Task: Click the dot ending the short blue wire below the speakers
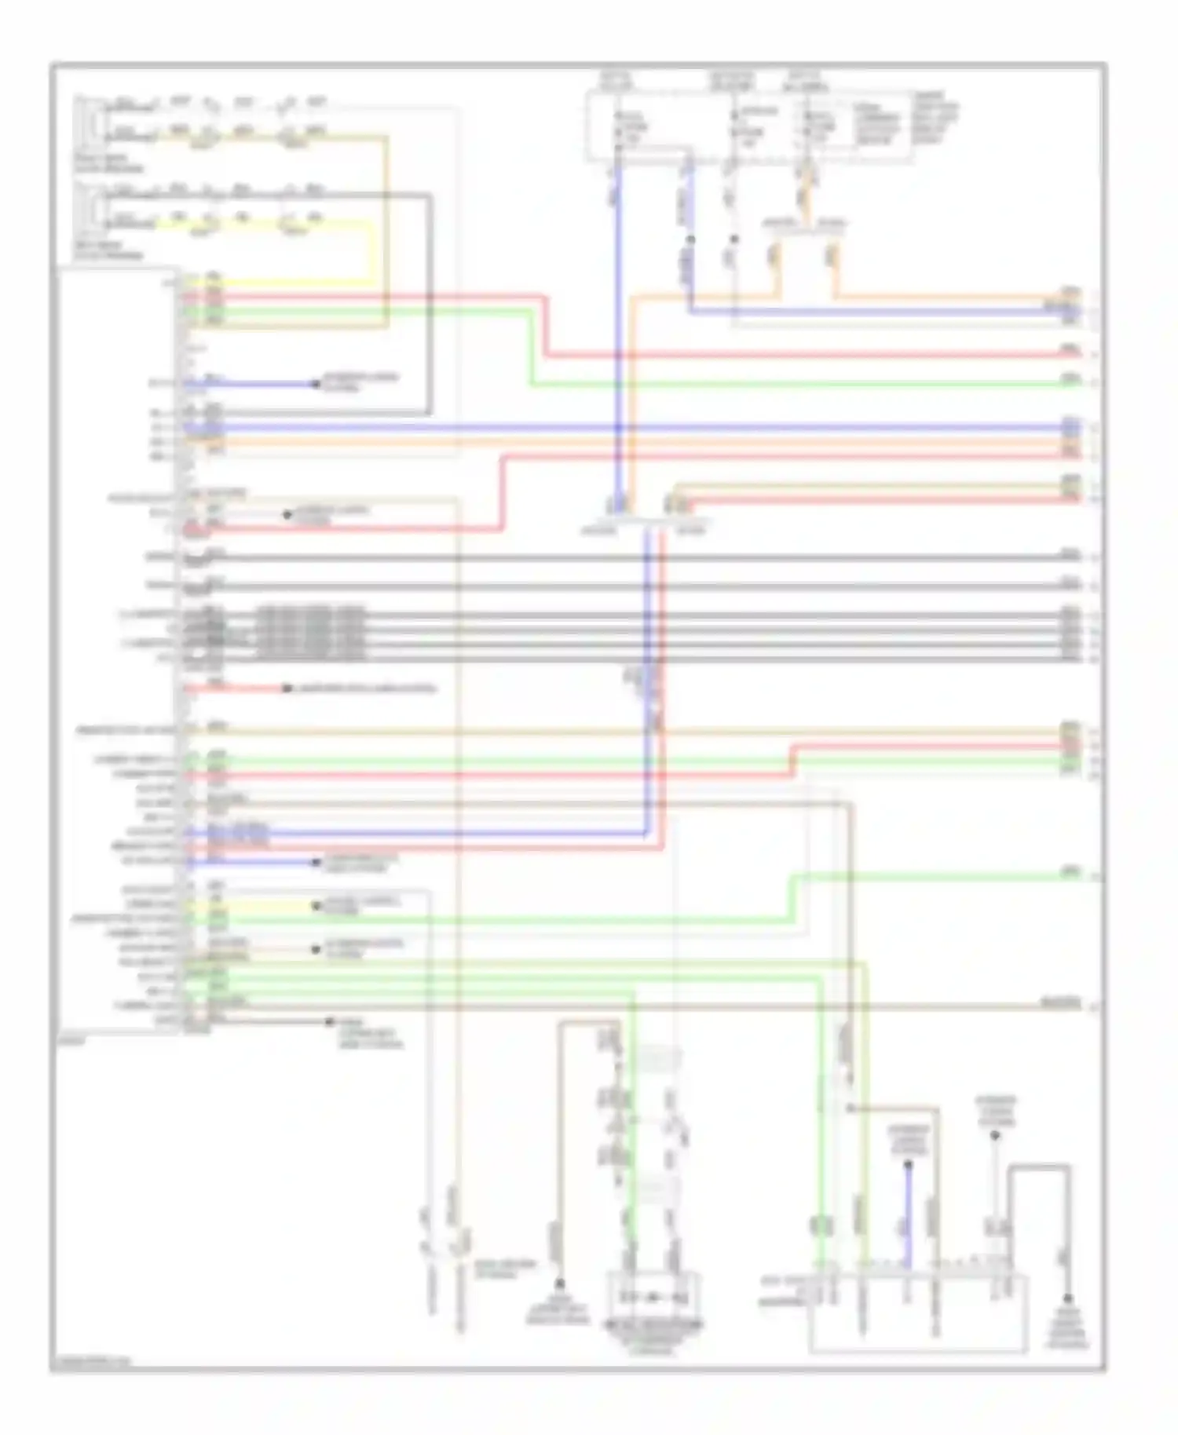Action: tap(316, 384)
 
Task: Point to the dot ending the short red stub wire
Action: tap(287, 688)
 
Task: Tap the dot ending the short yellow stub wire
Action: tap(316, 906)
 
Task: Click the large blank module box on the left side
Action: tap(118, 652)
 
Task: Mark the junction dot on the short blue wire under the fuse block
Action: tap(690, 239)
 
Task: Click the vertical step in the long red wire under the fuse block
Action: tap(544, 326)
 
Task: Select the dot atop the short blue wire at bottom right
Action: tap(908, 1165)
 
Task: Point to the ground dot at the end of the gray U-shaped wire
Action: tap(1068, 1299)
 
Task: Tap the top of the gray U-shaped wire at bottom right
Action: tap(1039, 1167)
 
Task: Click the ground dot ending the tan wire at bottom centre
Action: tap(560, 1284)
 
